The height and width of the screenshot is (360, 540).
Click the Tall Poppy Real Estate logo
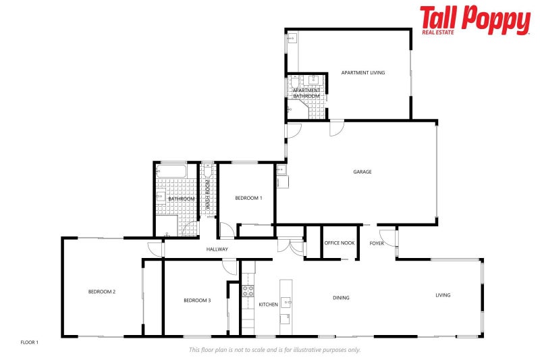[475, 20]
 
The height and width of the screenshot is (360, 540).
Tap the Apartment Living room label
[363, 72]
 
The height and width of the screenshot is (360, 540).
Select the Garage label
[362, 172]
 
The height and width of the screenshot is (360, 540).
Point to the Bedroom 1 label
[248, 198]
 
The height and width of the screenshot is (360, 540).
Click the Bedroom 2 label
[102, 292]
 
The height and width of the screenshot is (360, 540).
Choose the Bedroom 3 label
[198, 300]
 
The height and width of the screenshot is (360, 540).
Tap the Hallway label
[217, 249]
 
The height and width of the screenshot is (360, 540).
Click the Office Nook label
[340, 243]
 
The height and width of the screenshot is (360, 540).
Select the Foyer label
[377, 243]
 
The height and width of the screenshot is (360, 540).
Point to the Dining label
[341, 297]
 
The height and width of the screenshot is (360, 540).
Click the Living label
[443, 295]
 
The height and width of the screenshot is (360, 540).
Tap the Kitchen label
[269, 305]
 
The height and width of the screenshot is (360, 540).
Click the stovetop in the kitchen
[248, 292]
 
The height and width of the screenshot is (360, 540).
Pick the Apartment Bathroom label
[306, 93]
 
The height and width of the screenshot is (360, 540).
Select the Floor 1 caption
[30, 342]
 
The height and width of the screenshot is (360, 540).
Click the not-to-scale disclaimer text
[274, 350]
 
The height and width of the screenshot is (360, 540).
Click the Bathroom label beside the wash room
[182, 199]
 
